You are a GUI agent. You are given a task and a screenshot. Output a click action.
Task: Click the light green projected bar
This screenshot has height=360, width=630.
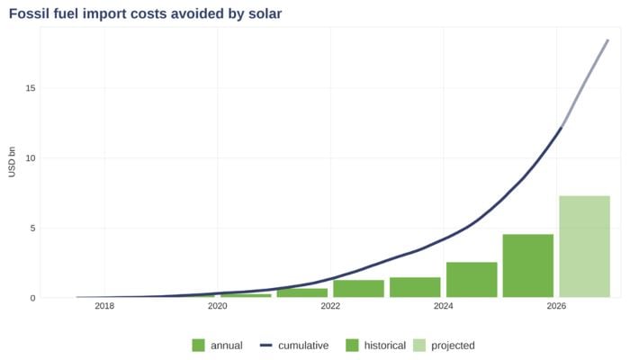(584, 247)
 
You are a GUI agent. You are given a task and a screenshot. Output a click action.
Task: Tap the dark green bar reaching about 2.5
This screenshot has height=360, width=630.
(472, 280)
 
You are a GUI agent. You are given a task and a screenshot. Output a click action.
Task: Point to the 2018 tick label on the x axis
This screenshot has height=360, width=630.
(104, 307)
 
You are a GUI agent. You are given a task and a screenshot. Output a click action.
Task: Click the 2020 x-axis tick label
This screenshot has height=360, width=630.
(217, 307)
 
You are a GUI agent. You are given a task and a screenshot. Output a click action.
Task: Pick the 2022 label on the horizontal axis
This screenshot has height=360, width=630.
(330, 307)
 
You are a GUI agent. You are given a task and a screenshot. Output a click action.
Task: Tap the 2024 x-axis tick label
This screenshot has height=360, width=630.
(443, 307)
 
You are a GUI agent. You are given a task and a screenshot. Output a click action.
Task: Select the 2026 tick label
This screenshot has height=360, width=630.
(556, 307)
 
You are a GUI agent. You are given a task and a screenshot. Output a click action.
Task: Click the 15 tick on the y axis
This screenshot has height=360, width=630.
(30, 88)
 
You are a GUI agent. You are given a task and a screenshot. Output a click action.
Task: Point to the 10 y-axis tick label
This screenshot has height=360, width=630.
(30, 158)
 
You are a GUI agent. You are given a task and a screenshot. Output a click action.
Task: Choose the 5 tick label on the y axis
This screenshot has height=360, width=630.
(32, 228)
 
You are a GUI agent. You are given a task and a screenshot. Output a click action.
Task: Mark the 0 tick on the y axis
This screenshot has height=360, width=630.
(32, 298)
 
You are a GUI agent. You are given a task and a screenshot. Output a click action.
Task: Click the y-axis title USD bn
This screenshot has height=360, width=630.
(13, 162)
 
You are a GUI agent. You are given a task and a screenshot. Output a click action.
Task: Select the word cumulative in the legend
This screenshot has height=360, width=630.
(303, 346)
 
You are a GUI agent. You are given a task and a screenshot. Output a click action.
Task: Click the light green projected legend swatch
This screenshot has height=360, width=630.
(419, 346)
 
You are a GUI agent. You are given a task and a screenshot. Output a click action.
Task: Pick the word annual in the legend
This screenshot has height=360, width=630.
(226, 346)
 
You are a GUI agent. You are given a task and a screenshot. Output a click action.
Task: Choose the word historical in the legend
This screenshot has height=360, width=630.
(385, 346)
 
